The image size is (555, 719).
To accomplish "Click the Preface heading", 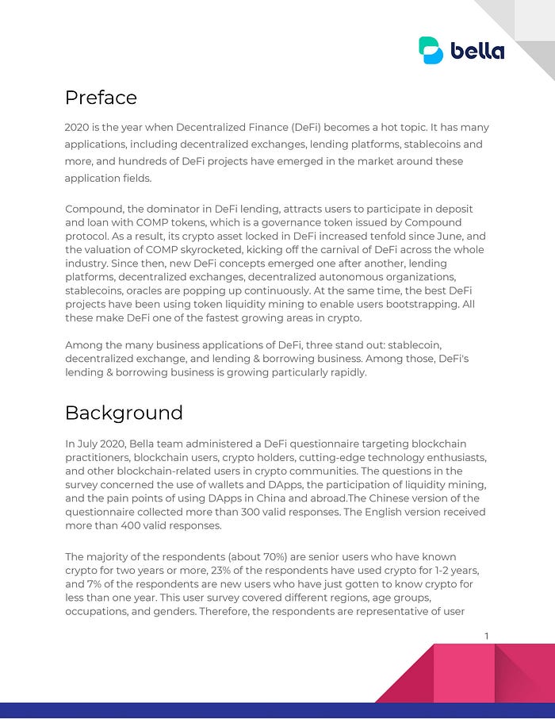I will coord(101,98).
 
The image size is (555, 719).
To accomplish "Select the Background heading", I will coord(124,413).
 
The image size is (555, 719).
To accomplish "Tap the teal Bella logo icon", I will coord(431,50).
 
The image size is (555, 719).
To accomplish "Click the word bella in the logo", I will coord(477,51).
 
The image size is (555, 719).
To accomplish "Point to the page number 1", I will coord(486,635).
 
